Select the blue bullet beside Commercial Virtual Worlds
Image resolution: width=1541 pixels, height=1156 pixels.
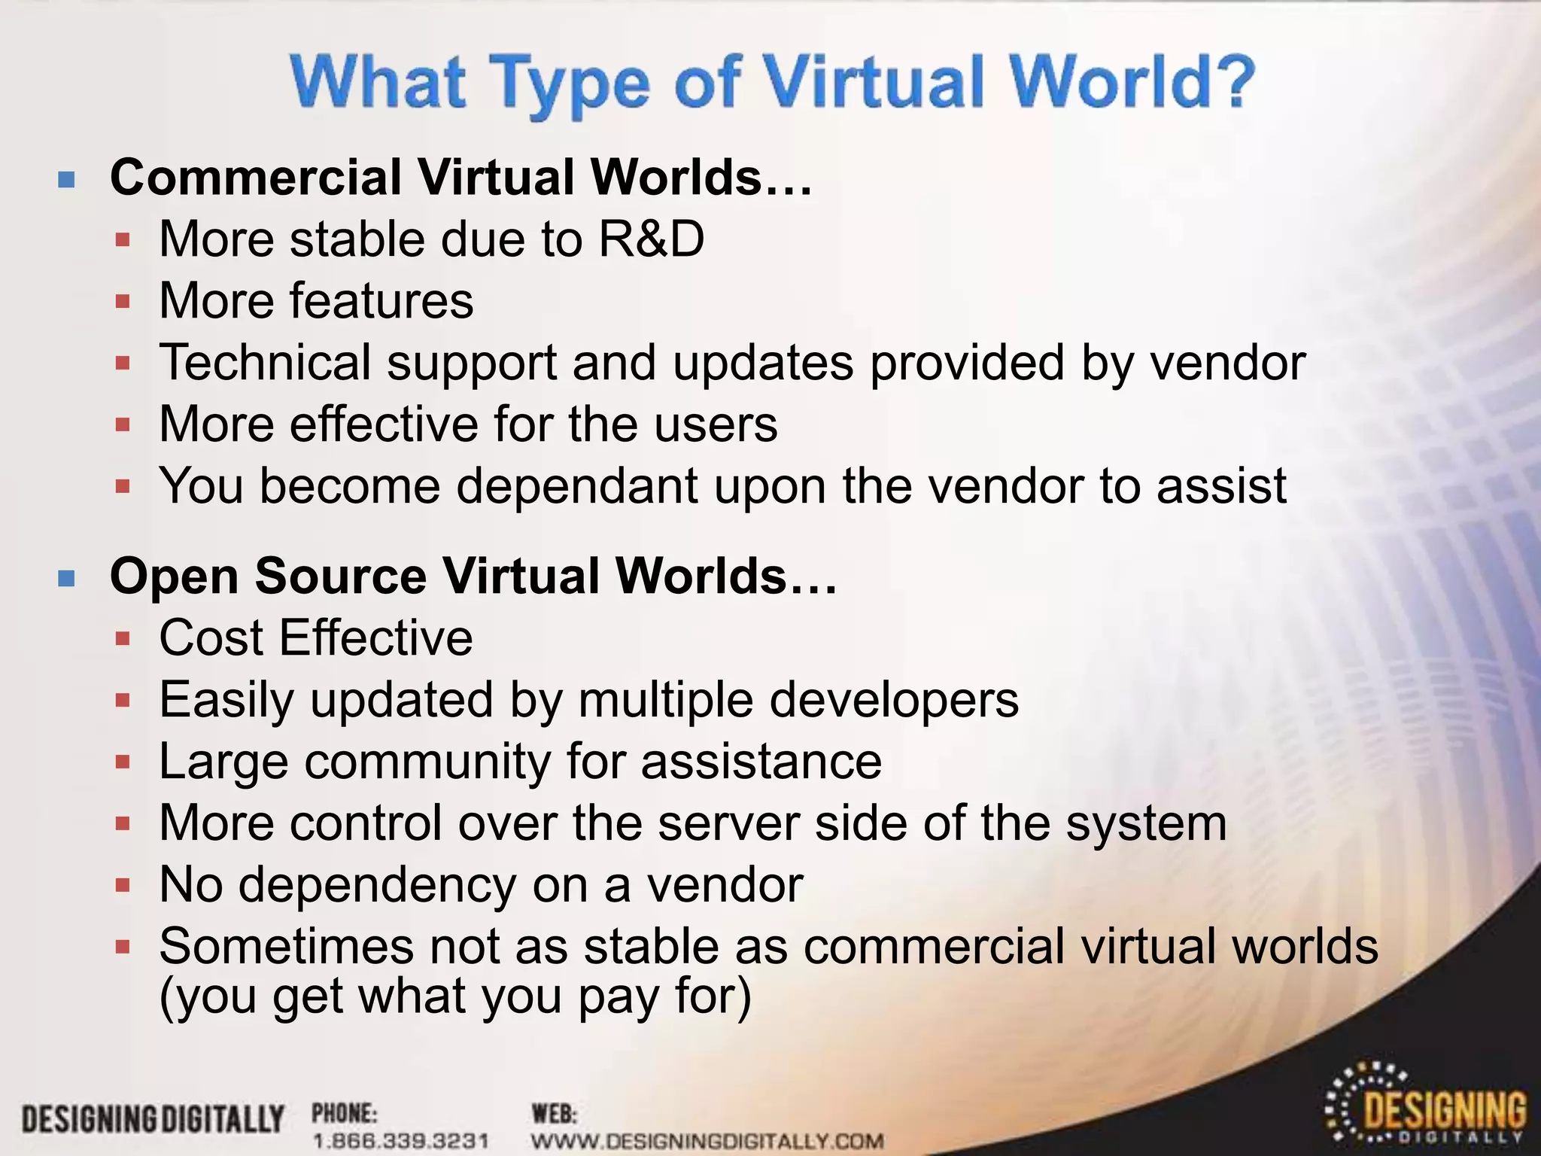(x=67, y=179)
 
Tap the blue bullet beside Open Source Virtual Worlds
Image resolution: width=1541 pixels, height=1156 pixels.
(x=67, y=578)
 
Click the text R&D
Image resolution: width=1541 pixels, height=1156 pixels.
(x=651, y=239)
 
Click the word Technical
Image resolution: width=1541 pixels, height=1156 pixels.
(x=265, y=363)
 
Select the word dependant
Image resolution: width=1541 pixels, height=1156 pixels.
(x=577, y=486)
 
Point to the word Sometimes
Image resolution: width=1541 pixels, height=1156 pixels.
(x=286, y=946)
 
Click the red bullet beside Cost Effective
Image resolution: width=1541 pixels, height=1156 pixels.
(x=123, y=640)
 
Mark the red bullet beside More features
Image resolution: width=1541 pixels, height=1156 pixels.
(x=123, y=303)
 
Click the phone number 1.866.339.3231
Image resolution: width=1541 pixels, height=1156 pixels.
(x=400, y=1141)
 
